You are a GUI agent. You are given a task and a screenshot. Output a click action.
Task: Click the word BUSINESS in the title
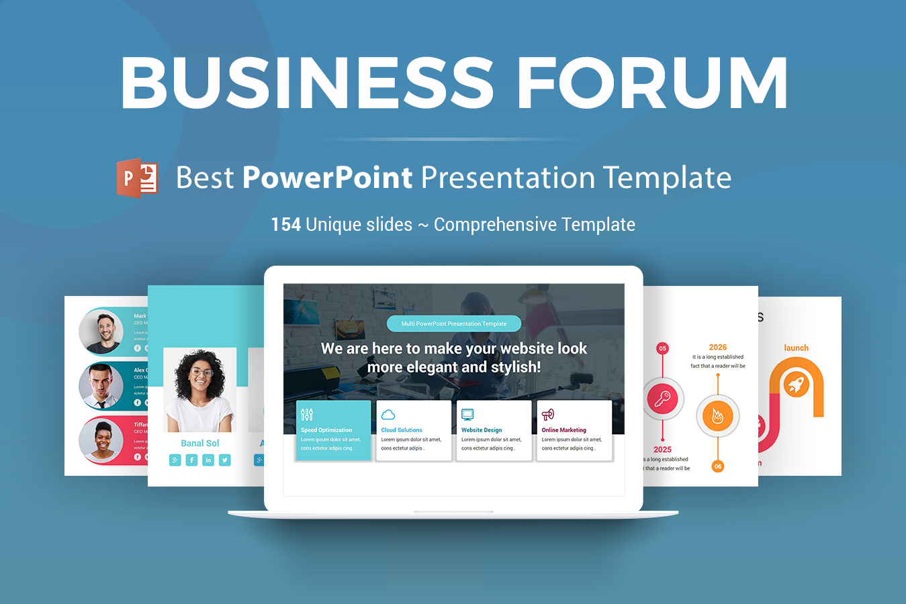click(x=307, y=83)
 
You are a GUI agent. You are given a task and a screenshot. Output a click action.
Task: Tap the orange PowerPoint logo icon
click(x=138, y=178)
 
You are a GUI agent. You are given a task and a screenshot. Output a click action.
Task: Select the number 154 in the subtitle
click(x=285, y=224)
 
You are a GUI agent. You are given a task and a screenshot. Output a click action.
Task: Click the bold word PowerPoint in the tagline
click(x=327, y=178)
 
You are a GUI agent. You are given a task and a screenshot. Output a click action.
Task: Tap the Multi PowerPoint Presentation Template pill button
click(x=454, y=323)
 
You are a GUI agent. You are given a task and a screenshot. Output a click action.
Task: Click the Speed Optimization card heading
click(x=326, y=430)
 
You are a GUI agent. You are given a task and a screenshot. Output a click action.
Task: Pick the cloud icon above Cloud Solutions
click(x=388, y=415)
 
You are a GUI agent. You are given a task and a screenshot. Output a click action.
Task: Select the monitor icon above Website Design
click(x=468, y=415)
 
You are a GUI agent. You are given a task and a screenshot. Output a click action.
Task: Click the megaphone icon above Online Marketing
click(x=548, y=415)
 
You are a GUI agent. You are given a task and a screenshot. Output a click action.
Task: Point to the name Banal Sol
click(x=200, y=443)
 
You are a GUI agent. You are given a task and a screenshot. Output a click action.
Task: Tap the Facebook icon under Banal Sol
click(x=191, y=460)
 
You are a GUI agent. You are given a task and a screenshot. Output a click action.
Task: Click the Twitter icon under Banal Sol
click(x=224, y=460)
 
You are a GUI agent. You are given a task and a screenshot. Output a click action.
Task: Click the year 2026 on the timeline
click(x=717, y=347)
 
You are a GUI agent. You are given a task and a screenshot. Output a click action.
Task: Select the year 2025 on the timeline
click(x=662, y=450)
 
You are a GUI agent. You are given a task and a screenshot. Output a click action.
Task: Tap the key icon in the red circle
click(x=663, y=399)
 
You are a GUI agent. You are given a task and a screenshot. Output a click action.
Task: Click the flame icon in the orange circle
click(x=717, y=416)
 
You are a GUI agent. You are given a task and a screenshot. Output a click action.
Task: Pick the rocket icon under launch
click(x=796, y=385)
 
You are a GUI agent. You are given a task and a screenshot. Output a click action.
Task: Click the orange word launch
click(x=796, y=348)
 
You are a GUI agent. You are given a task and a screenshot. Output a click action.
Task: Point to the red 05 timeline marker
click(x=663, y=348)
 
